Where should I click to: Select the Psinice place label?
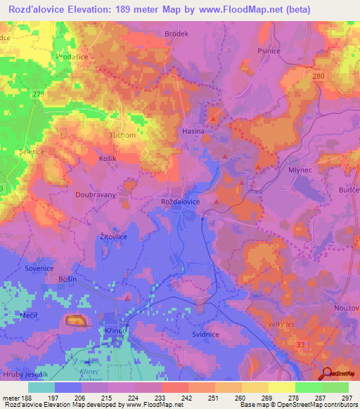289,51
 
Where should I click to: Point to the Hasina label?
193,131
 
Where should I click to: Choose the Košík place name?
107,160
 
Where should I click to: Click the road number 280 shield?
319,75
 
